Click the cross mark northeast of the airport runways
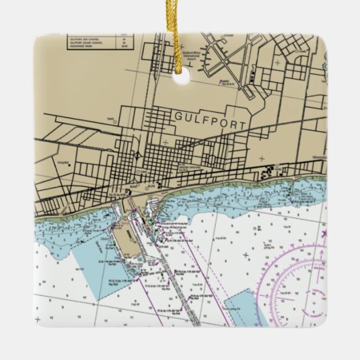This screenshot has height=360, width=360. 276,62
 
